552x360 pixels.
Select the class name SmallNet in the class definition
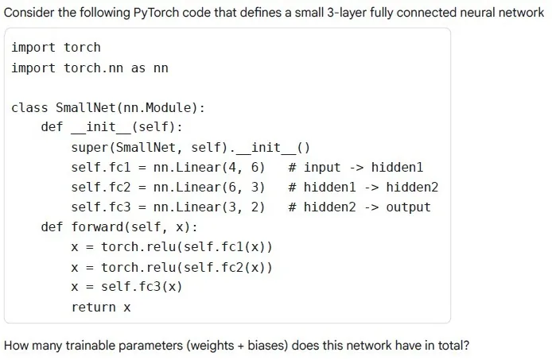tap(86, 108)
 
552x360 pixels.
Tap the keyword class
tap(29, 108)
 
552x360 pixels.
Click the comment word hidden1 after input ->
tap(398, 167)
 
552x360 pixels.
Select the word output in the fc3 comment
tap(408, 207)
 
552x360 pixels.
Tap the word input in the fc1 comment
tap(322, 168)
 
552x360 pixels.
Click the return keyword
tap(94, 308)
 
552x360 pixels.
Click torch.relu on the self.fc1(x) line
tap(138, 247)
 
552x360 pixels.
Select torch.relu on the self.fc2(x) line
tap(138, 268)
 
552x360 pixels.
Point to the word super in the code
tap(90, 148)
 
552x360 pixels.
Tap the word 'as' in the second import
tap(138, 68)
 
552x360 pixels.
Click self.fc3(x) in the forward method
tap(142, 287)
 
